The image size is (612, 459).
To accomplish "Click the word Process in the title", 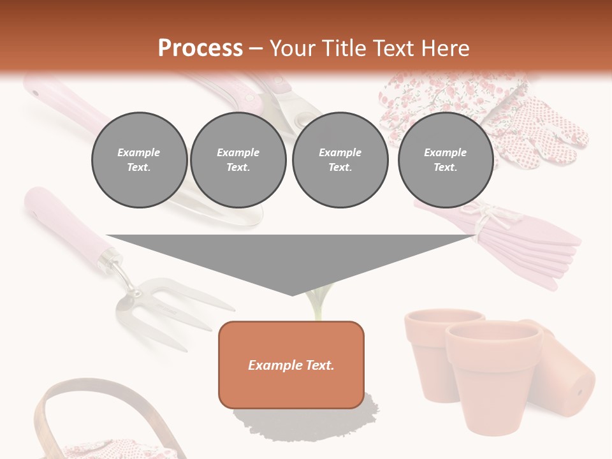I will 200,48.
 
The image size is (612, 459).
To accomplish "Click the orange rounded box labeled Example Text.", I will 291,365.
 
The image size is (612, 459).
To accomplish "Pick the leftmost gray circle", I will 139,160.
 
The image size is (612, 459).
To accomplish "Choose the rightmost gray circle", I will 446,160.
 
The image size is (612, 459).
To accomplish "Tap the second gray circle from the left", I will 238,160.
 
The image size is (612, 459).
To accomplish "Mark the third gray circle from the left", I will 340,160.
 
